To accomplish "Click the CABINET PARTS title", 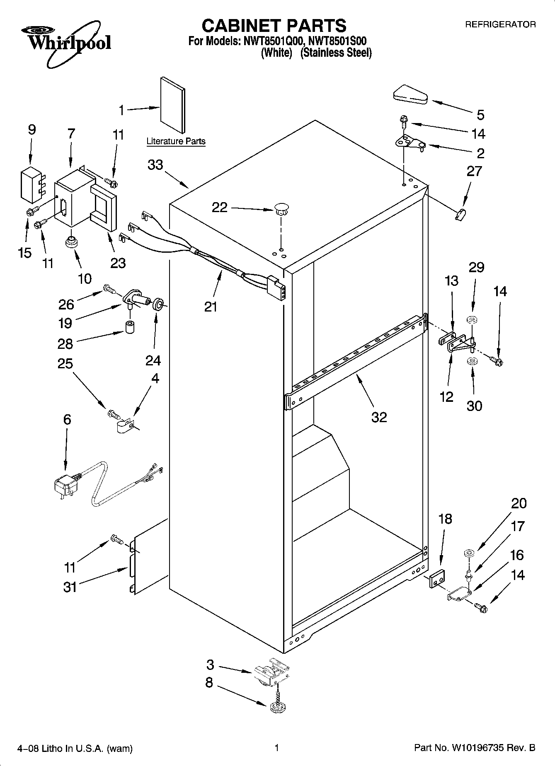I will click(274, 26).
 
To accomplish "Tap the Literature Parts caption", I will click(176, 141).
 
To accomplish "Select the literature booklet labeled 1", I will click(173, 105).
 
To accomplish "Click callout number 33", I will click(155, 165).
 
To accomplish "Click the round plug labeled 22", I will click(281, 208).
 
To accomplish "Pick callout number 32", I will click(379, 417).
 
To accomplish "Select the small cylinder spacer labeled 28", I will click(130, 326).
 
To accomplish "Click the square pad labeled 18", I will click(436, 578).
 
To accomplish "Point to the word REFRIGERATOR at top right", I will click(500, 24).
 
